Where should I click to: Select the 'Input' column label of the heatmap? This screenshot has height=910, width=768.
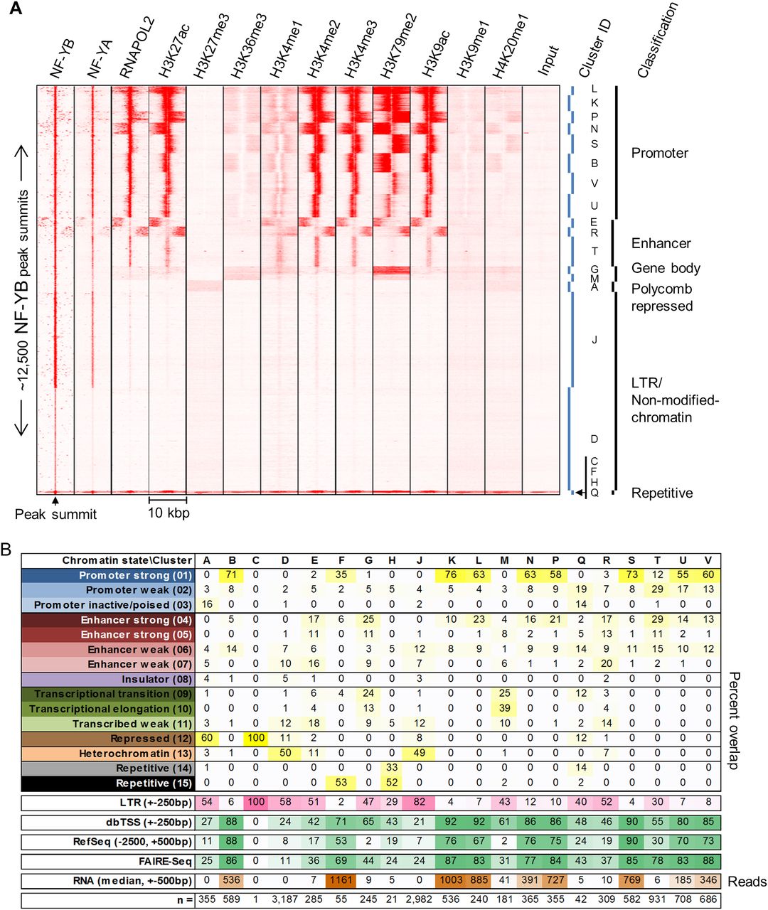click(549, 61)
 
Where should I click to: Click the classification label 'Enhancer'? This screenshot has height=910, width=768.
click(661, 243)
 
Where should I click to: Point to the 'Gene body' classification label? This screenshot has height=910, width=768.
click(666, 268)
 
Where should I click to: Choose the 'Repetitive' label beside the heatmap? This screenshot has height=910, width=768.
click(661, 493)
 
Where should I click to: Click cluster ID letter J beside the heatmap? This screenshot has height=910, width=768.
click(594, 340)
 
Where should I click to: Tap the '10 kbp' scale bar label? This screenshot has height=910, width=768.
click(169, 513)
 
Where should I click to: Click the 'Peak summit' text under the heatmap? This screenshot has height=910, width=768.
click(55, 514)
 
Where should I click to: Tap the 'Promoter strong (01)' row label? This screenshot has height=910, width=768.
click(135, 575)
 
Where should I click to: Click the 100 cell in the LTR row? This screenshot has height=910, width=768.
click(256, 803)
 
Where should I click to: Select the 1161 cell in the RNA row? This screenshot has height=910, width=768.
click(341, 881)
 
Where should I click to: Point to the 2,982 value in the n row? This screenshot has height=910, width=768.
click(419, 901)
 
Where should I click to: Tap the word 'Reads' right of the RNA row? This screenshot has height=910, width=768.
click(747, 882)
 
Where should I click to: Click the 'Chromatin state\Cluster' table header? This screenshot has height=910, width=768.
click(127, 560)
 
